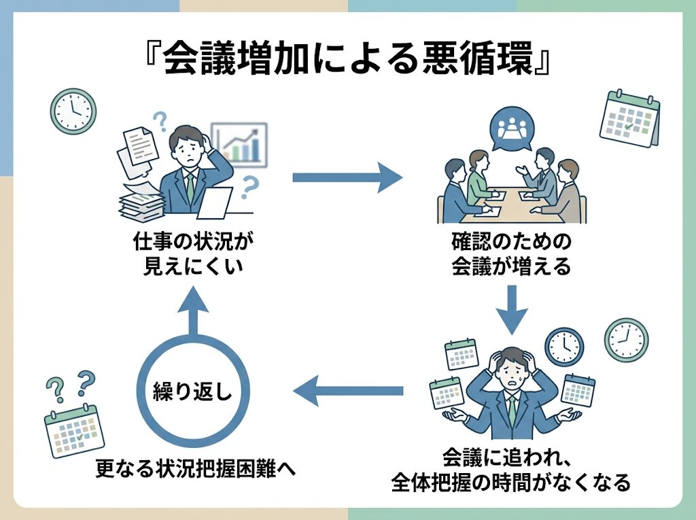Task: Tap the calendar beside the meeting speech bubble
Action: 629,119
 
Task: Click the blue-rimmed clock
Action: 564,346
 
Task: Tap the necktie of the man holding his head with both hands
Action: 511,408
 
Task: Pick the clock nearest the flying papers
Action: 73,110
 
